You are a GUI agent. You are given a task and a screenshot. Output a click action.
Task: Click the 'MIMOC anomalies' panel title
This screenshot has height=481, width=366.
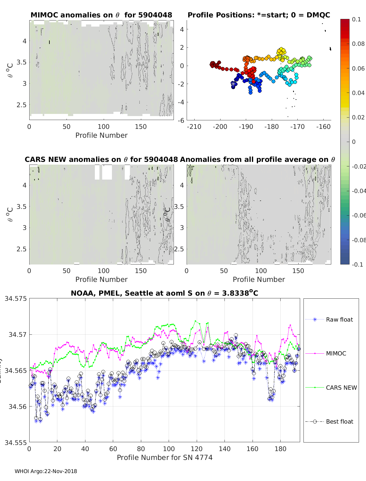(101, 15)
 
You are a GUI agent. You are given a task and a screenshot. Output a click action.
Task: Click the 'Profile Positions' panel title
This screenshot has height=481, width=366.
(259, 15)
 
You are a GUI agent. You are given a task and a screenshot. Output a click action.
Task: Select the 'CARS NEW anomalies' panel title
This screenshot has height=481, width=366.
(101, 159)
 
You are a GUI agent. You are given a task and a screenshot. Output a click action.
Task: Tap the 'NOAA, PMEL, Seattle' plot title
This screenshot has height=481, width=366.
(164, 293)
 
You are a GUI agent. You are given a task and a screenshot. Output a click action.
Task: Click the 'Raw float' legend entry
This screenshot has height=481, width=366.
(339, 319)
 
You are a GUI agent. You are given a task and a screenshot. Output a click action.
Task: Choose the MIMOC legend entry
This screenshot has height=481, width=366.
(336, 353)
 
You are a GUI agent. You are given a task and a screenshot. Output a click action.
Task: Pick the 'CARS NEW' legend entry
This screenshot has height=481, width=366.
(341, 388)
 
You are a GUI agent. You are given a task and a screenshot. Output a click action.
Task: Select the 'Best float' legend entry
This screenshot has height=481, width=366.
(339, 421)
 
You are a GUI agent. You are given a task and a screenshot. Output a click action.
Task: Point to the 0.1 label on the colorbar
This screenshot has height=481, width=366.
(356, 19)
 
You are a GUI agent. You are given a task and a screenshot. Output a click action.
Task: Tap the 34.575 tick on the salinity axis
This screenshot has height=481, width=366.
(16, 298)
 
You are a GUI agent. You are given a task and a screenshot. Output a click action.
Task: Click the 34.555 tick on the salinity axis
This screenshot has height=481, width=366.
(16, 442)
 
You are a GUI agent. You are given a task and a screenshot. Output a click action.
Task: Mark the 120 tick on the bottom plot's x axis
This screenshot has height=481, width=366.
(197, 449)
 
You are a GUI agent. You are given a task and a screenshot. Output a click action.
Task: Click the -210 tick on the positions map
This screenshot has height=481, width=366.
(194, 126)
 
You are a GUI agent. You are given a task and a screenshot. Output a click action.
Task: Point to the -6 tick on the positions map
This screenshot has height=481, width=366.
(181, 120)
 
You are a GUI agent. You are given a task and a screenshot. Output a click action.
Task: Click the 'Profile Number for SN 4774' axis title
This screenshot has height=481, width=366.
(164, 457)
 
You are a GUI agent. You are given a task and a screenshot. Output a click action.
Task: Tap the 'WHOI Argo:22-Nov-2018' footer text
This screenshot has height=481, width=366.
(46, 471)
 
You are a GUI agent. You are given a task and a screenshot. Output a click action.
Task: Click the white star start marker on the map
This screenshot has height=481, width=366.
(233, 83)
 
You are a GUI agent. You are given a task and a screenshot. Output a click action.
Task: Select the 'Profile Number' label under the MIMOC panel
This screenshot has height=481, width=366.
(101, 135)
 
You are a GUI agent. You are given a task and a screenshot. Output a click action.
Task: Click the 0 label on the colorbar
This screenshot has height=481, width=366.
(354, 142)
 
